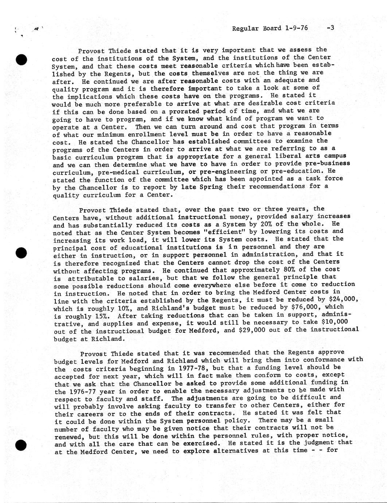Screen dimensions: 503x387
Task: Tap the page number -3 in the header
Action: [331, 28]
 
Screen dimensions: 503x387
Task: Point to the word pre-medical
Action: [122, 172]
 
